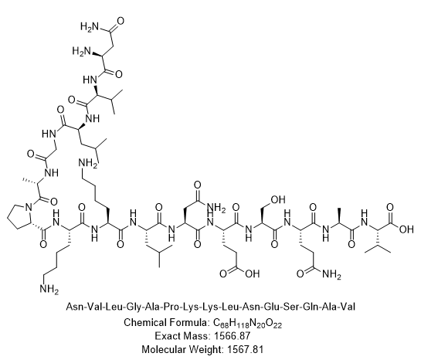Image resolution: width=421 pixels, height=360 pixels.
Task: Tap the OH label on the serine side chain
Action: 278,199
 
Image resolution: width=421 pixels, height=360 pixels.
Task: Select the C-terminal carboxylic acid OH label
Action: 406,229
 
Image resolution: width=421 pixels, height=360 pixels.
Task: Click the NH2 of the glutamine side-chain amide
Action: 332,274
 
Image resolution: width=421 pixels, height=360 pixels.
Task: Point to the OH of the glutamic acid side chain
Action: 252,273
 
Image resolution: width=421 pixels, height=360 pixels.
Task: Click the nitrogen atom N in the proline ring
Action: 29,207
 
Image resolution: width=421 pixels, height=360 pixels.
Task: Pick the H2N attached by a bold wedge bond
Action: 82,51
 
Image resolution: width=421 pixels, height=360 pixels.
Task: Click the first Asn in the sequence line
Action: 73,306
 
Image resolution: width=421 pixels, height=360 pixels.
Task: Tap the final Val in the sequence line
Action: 348,306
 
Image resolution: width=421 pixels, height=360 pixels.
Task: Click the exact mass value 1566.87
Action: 233,336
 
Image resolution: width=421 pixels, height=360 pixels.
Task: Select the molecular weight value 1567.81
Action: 245,349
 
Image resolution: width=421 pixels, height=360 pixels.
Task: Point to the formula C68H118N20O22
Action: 247,323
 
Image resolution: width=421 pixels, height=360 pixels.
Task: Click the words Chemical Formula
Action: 166,322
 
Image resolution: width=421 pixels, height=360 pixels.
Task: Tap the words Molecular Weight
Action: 182,350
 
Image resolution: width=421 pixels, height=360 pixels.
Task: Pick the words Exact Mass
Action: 182,336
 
